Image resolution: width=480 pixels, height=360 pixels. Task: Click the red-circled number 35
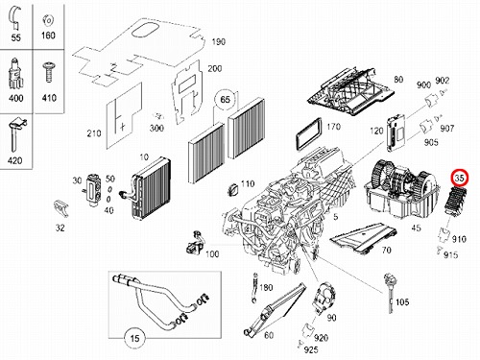(460, 179)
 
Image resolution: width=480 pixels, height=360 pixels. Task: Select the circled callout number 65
(226, 99)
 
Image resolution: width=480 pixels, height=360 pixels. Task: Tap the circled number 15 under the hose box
(134, 338)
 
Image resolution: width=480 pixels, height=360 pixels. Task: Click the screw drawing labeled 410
(49, 73)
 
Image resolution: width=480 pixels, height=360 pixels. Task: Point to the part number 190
(219, 42)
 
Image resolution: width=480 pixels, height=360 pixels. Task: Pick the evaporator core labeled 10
(151, 189)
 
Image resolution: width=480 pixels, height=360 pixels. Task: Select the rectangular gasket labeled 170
(308, 134)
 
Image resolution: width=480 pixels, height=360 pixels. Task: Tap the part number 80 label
(398, 80)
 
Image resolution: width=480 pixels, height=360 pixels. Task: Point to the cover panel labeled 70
(362, 238)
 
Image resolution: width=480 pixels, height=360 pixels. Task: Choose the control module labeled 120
(396, 132)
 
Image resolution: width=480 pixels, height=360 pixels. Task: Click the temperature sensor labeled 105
(389, 292)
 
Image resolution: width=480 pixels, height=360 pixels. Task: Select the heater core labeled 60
(276, 309)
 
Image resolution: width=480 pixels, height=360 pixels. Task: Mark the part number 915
(450, 255)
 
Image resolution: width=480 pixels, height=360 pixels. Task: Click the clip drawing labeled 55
(15, 17)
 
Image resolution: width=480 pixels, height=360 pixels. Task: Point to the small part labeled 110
(233, 189)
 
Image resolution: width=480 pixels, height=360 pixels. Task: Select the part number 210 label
(94, 133)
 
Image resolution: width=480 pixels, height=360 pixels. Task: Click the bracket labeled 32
(60, 208)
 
